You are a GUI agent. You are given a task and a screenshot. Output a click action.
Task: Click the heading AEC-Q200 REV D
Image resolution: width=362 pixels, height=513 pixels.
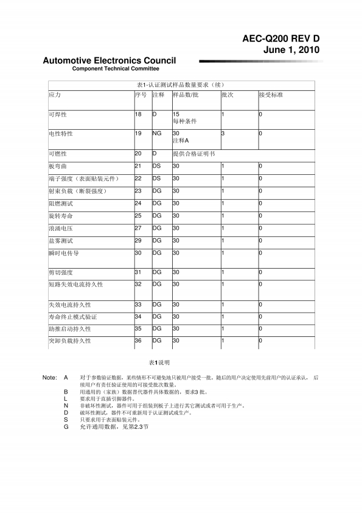tap(280, 38)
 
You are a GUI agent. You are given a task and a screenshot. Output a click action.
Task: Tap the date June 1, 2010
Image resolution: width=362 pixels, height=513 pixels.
tap(291, 49)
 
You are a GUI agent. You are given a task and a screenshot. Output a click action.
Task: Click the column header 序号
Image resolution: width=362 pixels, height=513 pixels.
tap(141, 96)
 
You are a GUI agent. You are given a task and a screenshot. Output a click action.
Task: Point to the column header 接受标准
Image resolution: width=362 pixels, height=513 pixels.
tap(271, 96)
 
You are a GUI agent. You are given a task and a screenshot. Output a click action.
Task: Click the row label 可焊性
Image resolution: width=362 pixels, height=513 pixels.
tap(58, 115)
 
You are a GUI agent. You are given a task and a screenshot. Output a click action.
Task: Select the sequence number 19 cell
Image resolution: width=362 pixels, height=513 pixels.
tap(138, 133)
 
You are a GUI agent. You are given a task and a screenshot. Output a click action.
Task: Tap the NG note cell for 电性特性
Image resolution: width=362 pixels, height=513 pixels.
tap(157, 133)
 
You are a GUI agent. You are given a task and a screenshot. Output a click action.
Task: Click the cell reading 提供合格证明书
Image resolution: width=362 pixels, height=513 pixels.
tap(194, 154)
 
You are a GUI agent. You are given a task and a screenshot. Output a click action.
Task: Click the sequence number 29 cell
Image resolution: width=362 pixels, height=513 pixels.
tap(138, 241)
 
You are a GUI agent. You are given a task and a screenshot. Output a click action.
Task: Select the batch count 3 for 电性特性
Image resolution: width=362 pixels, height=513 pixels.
tap(223, 133)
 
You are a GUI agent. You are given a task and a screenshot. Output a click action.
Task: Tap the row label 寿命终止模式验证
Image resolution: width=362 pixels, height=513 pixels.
tap(72, 317)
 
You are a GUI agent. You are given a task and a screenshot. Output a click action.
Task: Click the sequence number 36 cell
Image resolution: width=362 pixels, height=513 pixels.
tap(138, 341)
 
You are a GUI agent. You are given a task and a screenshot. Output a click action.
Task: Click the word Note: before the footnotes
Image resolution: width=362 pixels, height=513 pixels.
tap(50, 378)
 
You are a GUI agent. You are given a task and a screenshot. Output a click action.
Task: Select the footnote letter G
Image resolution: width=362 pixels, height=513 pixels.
tap(66, 427)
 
